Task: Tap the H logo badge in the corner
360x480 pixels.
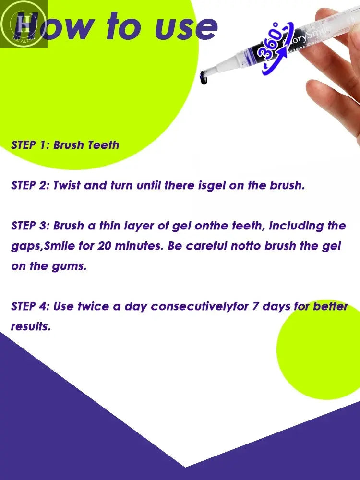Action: point(23,23)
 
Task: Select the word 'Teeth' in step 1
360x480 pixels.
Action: point(103,145)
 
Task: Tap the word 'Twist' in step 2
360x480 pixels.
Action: point(67,185)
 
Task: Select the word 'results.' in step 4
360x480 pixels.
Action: point(31,327)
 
